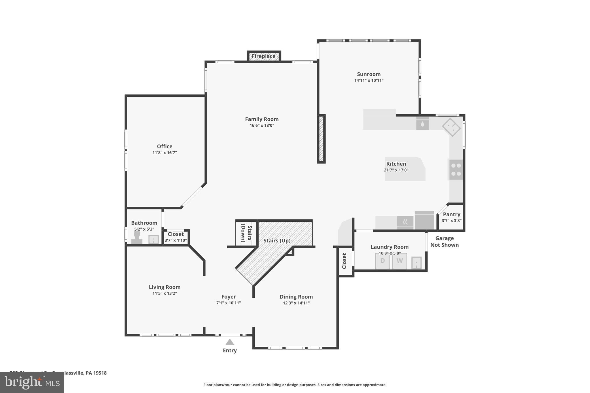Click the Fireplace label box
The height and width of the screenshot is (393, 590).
(264, 56)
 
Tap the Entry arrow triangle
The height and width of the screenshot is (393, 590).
(230, 342)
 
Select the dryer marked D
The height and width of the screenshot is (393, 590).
(382, 261)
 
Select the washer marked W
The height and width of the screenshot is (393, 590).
(400, 261)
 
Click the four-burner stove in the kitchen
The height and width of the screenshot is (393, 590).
(456, 170)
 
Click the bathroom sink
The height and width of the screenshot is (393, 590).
(154, 239)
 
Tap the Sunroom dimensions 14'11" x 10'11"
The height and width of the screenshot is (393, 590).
(369, 81)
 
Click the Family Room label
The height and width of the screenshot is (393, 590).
(262, 119)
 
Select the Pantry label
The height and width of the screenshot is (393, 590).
(451, 214)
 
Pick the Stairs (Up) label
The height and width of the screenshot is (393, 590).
(277, 241)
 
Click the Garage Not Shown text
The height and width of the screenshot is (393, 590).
(444, 242)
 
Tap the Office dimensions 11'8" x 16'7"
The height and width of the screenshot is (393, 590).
(164, 153)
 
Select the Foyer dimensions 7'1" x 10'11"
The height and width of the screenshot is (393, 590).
(228, 303)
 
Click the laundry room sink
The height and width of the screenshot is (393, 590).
(416, 263)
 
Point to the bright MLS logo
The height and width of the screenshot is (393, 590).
(32, 382)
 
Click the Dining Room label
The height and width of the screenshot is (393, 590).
(296, 297)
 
